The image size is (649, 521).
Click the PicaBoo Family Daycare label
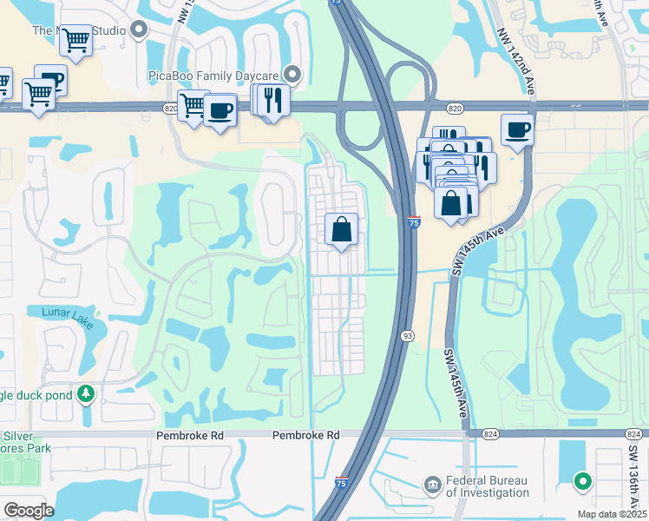pos(216,76)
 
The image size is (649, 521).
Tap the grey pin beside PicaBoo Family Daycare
pos(292,76)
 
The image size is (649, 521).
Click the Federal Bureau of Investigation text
pos(488,486)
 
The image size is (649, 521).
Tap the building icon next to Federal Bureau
pos(432,484)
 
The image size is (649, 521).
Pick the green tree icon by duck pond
pos(86,395)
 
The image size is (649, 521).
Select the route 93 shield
pos(406,335)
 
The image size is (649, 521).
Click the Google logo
pos(29,511)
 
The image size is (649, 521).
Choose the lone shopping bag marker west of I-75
pos(342,230)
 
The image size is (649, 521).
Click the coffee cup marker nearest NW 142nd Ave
pos(517,130)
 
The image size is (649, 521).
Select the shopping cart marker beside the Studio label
pos(75,40)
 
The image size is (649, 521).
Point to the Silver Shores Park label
pos(26,442)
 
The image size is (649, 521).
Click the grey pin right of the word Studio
pos(140,30)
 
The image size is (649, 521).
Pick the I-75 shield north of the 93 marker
pos(414,223)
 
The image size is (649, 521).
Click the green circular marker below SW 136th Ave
pos(583,479)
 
